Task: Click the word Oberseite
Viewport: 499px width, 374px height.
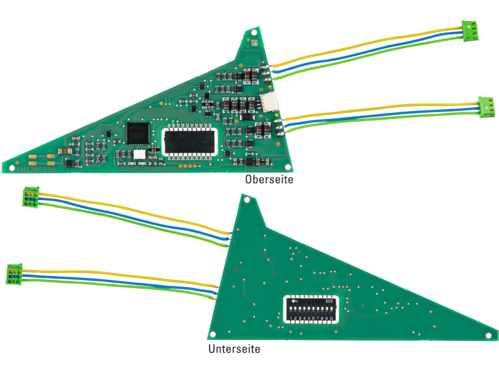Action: (269, 180)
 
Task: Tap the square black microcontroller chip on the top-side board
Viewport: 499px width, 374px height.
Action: (138, 133)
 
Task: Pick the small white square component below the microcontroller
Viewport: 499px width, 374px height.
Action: (138, 153)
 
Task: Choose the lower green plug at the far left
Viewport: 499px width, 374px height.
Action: (15, 273)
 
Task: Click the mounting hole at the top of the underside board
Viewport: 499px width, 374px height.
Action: (248, 201)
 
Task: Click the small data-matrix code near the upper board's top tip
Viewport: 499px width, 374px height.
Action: (254, 43)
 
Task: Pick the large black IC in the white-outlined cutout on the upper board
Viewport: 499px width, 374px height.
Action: (190, 141)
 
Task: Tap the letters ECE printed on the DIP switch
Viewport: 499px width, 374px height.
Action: (330, 301)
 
